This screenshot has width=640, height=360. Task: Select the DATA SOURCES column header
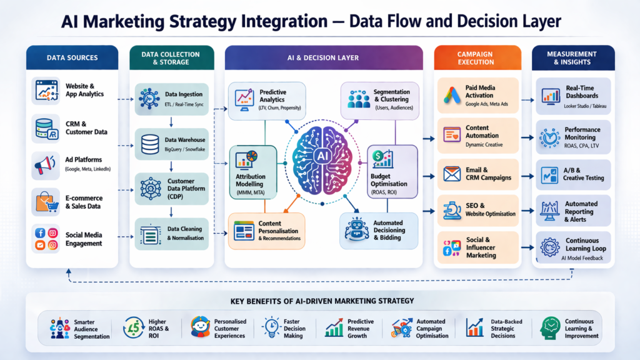pyautogui.click(x=72, y=58)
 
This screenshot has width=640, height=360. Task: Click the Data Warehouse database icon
pyautogui.click(x=150, y=144)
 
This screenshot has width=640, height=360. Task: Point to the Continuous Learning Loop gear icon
pyautogui.click(x=550, y=245)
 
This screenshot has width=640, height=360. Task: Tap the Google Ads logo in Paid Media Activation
pyautogui.click(x=452, y=94)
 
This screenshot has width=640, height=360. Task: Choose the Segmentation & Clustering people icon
pyautogui.click(x=359, y=99)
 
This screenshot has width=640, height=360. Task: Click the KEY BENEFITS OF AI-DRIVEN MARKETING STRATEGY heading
pyautogui.click(x=322, y=301)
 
